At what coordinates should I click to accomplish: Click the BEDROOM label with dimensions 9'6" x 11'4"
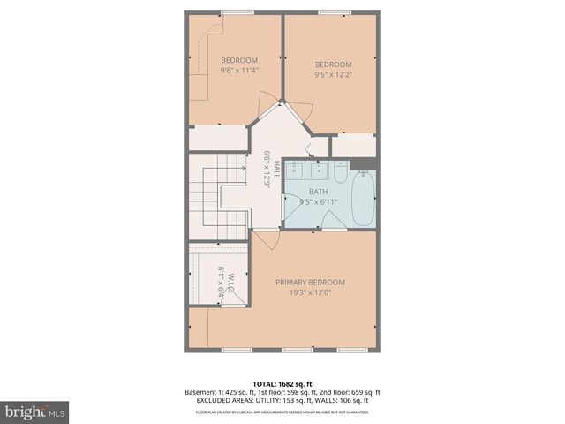[238, 60]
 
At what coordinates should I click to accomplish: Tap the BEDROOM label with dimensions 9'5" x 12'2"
[333, 64]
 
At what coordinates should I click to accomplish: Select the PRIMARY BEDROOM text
[310, 282]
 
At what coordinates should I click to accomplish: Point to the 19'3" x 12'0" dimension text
[310, 293]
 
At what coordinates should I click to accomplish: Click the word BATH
[318, 192]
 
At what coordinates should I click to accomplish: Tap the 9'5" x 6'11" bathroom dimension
[318, 202]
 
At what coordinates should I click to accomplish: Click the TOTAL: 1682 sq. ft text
[282, 383]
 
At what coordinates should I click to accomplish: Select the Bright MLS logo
[35, 411]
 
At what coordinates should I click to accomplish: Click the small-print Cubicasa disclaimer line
[282, 412]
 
